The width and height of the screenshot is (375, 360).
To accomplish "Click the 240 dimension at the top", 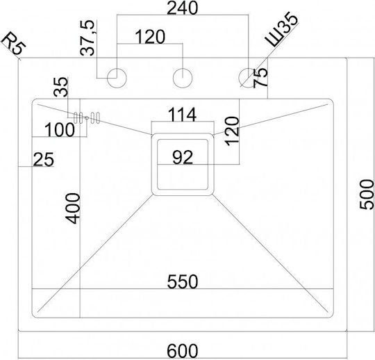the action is point(183,8).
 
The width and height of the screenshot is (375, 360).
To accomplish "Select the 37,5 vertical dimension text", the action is point(87,38).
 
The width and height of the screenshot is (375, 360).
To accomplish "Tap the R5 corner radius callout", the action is point(15,45).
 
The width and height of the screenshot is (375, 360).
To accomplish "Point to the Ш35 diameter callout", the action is point(282,29).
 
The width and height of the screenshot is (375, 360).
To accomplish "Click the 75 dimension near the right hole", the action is point(260,78).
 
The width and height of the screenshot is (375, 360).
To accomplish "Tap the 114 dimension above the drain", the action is point(183,115).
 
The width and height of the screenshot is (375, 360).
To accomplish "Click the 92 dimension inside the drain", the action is point(183,157).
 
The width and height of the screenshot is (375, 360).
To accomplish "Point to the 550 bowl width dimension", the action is point(183,281).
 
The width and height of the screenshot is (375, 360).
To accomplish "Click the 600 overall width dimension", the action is point(183,351).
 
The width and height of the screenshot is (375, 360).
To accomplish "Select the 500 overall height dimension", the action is point(367,195).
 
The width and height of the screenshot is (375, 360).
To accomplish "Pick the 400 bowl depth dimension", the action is point(73,208).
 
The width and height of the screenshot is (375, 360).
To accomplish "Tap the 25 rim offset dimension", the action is point(44,159).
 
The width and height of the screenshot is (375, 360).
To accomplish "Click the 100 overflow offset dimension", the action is point(60,129).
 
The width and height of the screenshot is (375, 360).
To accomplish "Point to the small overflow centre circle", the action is point(87,117).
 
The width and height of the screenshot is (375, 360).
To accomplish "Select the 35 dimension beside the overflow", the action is point(60,87).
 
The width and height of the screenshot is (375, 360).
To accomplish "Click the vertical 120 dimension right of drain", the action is point(232,131).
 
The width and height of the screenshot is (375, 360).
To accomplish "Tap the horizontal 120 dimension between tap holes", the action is point(150,37).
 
